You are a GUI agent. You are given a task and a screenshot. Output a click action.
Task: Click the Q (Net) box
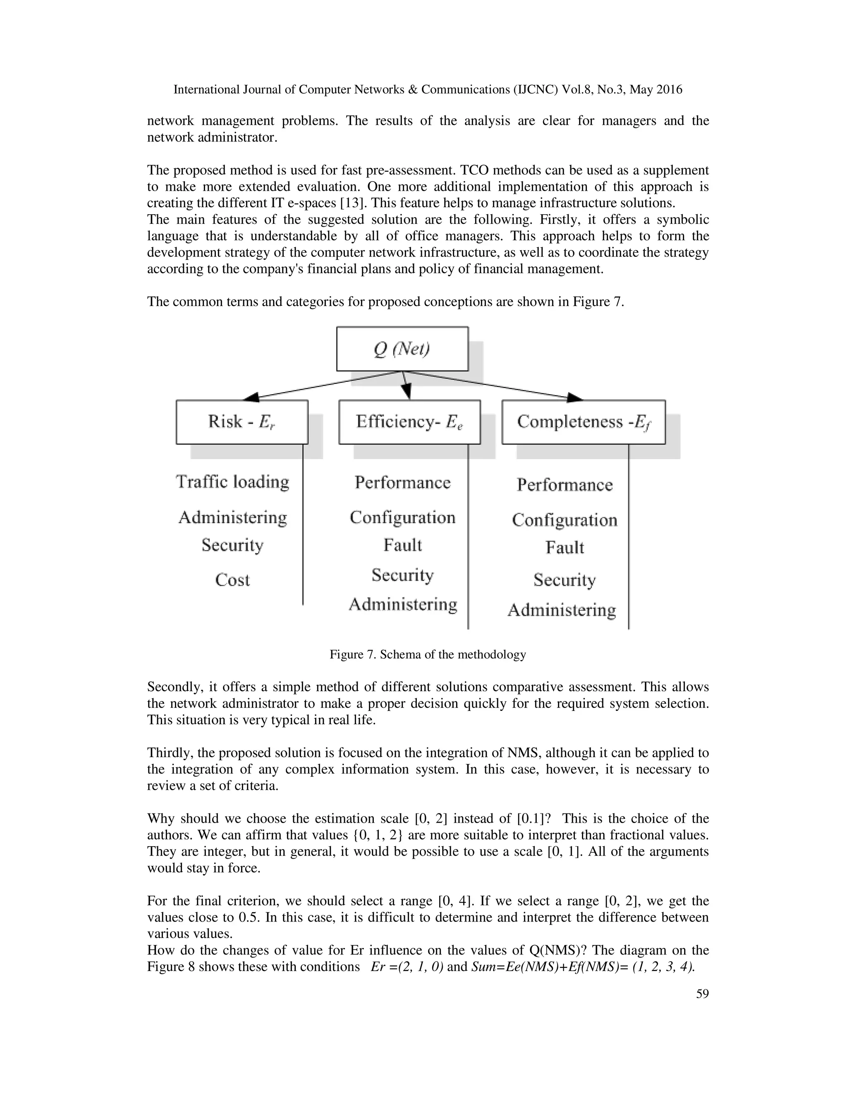[x=402, y=349]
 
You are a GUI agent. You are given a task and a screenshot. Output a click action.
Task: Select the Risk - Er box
[x=242, y=421]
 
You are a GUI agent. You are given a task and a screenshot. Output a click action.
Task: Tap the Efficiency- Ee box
[x=409, y=421]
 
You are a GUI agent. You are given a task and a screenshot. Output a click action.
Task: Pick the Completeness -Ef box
[x=583, y=421]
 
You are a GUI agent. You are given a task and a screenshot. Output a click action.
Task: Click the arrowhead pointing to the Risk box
[x=251, y=397]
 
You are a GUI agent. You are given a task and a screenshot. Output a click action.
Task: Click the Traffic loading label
[x=232, y=482]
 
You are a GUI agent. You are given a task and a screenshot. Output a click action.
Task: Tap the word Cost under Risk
[x=232, y=579]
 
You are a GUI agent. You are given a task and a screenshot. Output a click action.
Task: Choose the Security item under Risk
[x=232, y=545]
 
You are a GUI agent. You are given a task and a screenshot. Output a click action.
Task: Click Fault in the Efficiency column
[x=402, y=545]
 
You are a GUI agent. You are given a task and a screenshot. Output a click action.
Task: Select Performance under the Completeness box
[x=565, y=485]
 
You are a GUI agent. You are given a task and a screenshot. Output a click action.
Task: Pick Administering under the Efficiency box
[x=402, y=604]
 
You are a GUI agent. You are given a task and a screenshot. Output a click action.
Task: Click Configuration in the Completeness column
[x=565, y=520]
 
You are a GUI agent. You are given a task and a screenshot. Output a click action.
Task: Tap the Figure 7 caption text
[x=428, y=654]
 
